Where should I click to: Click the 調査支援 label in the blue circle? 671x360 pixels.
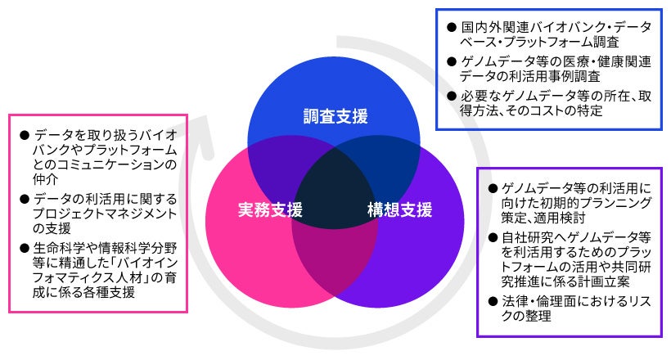[335, 116]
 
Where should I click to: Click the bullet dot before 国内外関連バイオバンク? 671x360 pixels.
[452, 27]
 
